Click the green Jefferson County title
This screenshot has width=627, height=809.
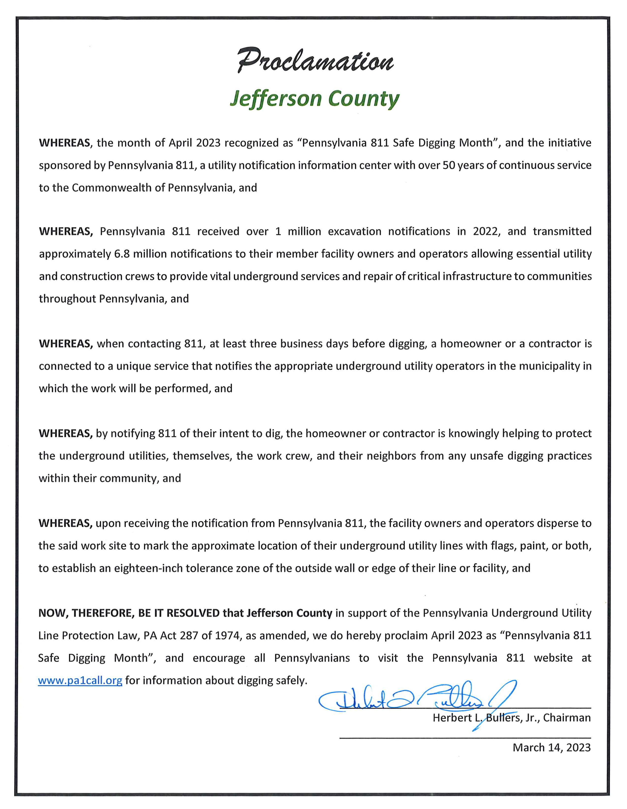tap(314, 99)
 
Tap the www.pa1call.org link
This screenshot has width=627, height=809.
tap(80, 680)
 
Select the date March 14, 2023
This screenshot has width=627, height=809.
tap(552, 747)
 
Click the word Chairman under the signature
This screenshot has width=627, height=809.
tap(567, 718)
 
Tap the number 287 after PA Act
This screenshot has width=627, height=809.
tap(189, 636)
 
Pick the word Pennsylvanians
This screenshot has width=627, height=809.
tap(312, 658)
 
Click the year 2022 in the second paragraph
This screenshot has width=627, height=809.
tap(487, 231)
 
